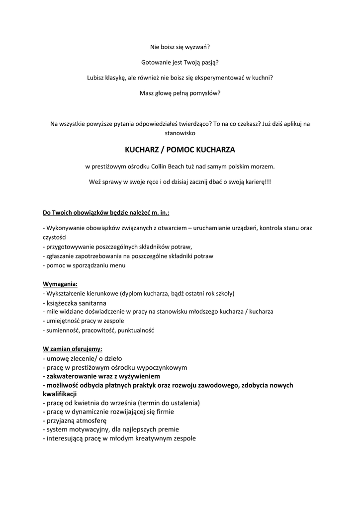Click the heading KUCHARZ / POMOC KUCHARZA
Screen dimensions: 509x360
coord(180,150)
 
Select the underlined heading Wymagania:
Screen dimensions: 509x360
coord(60,284)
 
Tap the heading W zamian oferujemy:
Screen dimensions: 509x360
coord(73,348)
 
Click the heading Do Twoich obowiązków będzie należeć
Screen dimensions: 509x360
coord(106,213)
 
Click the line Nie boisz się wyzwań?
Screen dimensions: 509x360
coord(180,47)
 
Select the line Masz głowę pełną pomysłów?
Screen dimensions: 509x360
coord(180,93)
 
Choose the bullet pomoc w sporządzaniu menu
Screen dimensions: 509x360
coord(84,265)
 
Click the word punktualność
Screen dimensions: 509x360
coord(134,330)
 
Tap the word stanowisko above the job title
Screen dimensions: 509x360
coord(180,133)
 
